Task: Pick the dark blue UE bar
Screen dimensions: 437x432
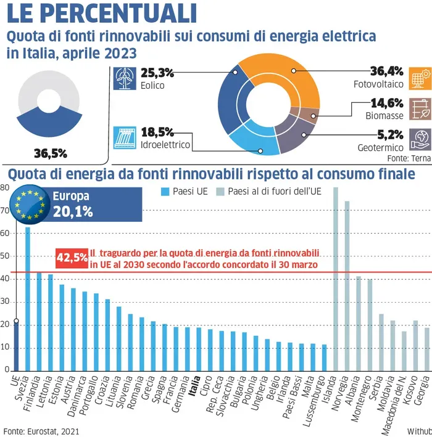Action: tap(16, 345)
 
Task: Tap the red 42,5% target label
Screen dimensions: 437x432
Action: tap(71, 257)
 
